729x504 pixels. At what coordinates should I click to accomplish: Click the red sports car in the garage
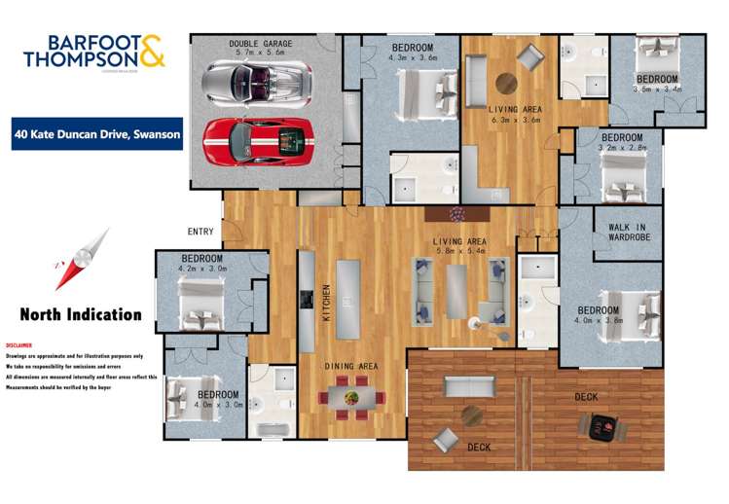[x=257, y=140]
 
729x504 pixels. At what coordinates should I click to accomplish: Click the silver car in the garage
[x=257, y=83]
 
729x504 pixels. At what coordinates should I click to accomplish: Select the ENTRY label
[x=201, y=232]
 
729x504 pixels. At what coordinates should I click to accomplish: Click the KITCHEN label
[x=326, y=303]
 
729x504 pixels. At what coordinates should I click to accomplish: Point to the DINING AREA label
[x=351, y=366]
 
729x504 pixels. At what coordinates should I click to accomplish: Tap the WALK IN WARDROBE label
[x=628, y=233]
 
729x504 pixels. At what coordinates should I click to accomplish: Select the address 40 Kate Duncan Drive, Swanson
[x=97, y=135]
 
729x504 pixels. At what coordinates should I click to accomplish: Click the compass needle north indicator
[x=81, y=258]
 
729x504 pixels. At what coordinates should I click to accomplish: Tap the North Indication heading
[x=81, y=314]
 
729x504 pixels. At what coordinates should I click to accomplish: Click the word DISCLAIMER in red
[x=19, y=345]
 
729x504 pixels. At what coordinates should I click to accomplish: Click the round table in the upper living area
[x=507, y=83]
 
